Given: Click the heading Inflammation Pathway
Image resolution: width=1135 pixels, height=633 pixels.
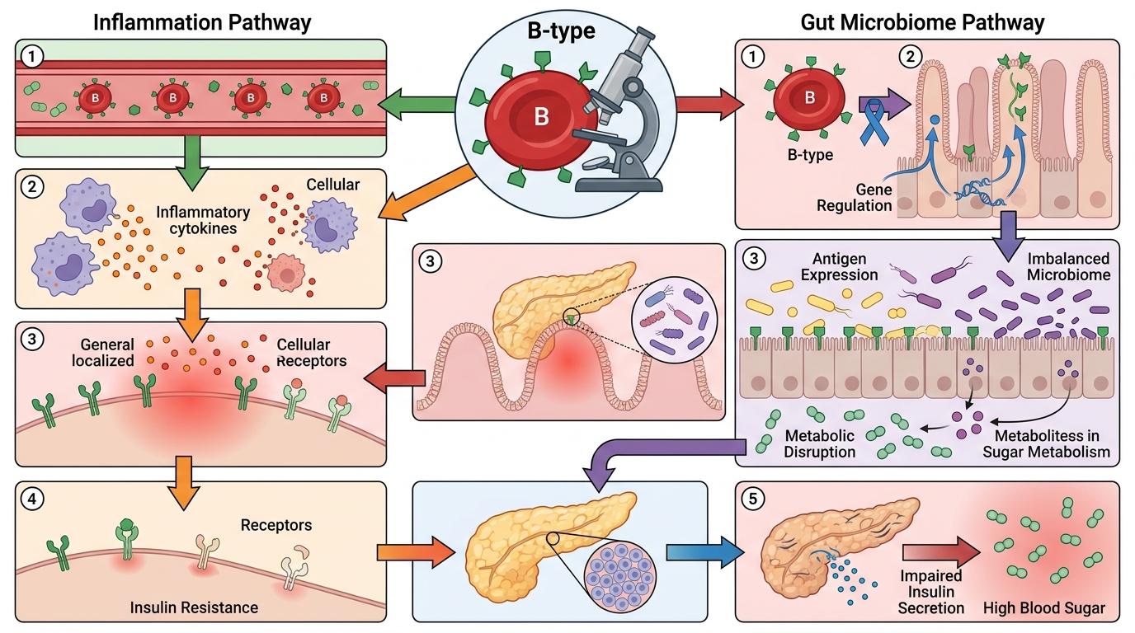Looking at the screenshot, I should tap(202, 21).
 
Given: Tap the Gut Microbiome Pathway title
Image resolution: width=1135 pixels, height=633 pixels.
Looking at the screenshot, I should tap(922, 21).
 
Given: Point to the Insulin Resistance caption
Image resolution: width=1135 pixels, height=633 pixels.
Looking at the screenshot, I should tap(194, 607).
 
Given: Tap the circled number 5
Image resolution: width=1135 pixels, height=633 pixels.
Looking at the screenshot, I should tap(752, 499).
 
